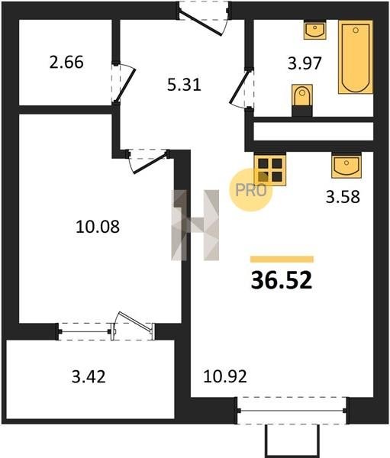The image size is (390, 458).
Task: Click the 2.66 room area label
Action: pyautogui.click(x=66, y=63)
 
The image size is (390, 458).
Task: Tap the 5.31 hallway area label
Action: pyautogui.click(x=184, y=85)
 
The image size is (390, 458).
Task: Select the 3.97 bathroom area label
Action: pyautogui.click(x=305, y=63)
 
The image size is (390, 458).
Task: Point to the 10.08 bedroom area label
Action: pyautogui.click(x=98, y=227)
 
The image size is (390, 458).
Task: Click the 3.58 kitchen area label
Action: pyautogui.click(x=343, y=197)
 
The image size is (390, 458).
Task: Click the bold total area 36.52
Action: pyautogui.click(x=282, y=280)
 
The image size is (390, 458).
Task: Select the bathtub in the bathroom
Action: pyautogui.click(x=356, y=56)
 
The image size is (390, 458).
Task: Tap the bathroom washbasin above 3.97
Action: pyautogui.click(x=315, y=30)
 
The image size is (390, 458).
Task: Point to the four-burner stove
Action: pyautogui.click(x=270, y=169)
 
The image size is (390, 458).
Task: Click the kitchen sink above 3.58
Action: pyautogui.click(x=346, y=166)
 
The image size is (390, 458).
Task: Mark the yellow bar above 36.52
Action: pyautogui.click(x=282, y=259)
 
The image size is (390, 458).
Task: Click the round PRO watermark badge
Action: pyautogui.click(x=250, y=190)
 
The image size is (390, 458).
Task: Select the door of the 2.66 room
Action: pyautogui.click(x=123, y=82)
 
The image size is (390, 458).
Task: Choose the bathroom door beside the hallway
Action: pyautogui.click(x=241, y=88)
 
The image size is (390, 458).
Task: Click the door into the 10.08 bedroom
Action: pyautogui.click(x=148, y=161)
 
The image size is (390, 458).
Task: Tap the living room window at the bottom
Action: pyautogui.click(x=292, y=411)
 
